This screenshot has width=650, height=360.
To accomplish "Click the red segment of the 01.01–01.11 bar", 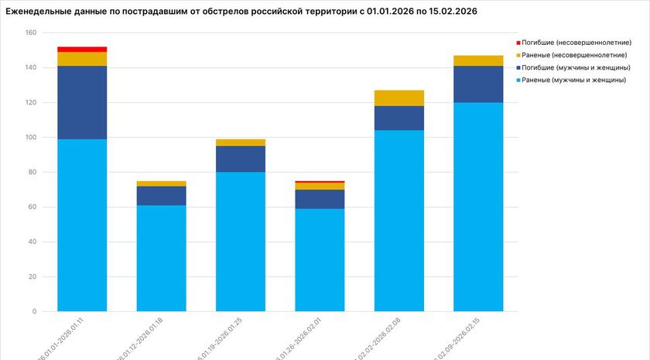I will click(x=82, y=49).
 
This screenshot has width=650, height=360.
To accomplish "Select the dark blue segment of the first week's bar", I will click(x=82, y=102).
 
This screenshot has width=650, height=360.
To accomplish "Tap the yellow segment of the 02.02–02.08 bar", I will click(x=399, y=98).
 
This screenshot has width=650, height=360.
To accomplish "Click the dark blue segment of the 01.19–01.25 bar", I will click(x=241, y=159).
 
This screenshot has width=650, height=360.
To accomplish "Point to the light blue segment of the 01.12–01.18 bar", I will click(x=161, y=258).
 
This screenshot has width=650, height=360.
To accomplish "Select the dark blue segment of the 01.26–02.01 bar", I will click(x=320, y=199).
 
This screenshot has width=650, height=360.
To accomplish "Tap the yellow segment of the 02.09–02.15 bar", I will click(x=478, y=60).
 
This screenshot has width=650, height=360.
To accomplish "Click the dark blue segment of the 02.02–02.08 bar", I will click(x=399, y=118).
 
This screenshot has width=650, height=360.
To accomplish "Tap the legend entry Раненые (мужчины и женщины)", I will click(x=573, y=80).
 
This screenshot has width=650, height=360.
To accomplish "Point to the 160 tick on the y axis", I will click(x=30, y=33).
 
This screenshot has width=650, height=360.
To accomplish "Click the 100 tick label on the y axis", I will click(x=30, y=138).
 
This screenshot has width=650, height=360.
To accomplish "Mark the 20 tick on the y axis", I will click(x=32, y=277).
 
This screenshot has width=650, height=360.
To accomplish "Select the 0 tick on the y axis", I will click(x=34, y=312).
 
